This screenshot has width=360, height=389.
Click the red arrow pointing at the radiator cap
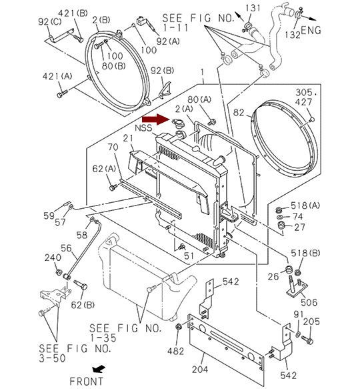pos(156,119)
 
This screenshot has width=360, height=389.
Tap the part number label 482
pos(175,351)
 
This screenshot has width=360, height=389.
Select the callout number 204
pos(200,370)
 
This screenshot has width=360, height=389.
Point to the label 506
pos(309,302)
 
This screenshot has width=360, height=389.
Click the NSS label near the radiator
pos(143,128)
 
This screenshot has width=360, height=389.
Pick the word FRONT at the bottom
pos(86,381)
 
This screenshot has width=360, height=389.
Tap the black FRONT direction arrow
pos(99,369)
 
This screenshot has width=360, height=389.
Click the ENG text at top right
pos(311,30)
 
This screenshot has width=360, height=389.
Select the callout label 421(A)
pos(57,76)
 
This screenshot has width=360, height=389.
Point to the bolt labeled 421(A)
pos(62,94)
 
